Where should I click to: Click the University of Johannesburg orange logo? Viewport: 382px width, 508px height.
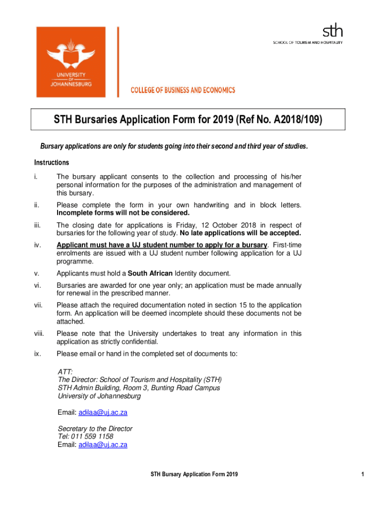[x=70, y=62]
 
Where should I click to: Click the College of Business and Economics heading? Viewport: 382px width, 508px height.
[x=183, y=90]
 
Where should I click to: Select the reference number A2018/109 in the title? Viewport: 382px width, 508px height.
[x=291, y=120]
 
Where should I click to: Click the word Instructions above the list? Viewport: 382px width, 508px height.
[x=52, y=163]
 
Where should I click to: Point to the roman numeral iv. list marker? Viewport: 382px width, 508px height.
[x=38, y=245]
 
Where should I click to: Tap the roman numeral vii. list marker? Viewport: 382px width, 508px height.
[x=39, y=305]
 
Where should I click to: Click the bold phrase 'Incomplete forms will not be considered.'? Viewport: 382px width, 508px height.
[x=123, y=213]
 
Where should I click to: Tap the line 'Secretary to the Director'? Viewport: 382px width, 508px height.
[x=95, y=429]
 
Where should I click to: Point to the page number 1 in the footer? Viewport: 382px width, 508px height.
[x=363, y=475]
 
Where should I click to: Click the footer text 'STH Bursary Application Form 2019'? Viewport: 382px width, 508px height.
[x=194, y=475]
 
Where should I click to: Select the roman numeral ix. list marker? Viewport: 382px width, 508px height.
[x=38, y=354]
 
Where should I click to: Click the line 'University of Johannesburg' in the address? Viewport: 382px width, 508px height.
[x=99, y=396]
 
